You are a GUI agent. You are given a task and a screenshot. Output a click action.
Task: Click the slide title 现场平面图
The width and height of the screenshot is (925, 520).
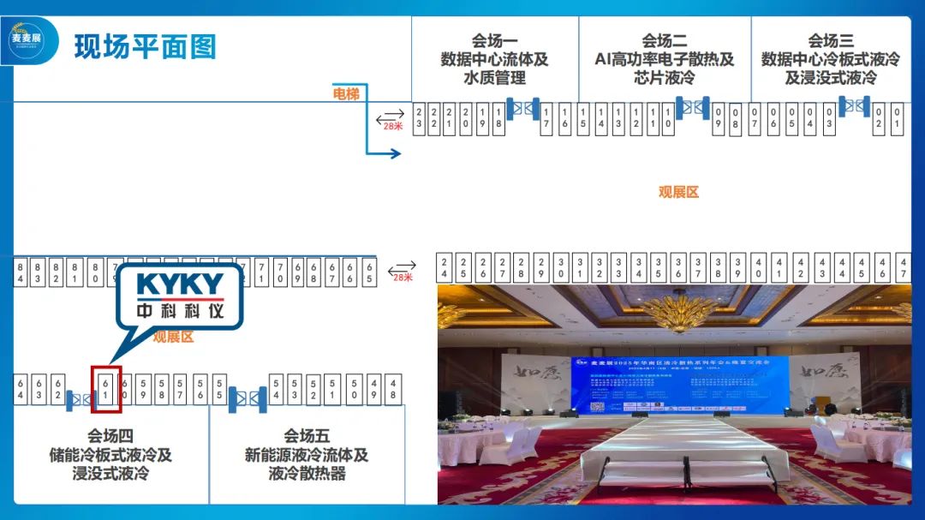pos(145,46)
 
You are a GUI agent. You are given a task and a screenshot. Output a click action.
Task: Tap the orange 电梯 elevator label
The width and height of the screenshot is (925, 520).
pos(346,93)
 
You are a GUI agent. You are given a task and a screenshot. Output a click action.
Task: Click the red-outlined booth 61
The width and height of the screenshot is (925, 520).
pos(106,389)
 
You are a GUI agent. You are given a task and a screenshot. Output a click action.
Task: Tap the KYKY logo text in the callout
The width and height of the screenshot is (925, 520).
pos(180,284)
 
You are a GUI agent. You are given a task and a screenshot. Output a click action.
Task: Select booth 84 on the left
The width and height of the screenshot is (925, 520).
pos(21,272)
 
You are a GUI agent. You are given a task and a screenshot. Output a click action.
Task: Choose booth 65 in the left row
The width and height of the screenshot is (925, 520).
pos(369,272)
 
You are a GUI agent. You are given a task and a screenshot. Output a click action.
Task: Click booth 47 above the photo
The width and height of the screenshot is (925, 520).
pos(904,267)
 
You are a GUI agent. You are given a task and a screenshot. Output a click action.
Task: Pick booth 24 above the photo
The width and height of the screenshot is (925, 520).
pos(445,267)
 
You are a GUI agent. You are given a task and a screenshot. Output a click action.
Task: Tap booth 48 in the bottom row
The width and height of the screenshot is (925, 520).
pos(393,389)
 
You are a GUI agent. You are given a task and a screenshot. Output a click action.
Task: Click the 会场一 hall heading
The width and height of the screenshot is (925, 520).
pos(494,40)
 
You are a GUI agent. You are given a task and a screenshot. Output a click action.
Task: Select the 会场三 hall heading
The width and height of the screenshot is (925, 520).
pos(830,40)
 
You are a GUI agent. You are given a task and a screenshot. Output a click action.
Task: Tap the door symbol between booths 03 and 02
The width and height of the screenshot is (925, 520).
pos(854,106)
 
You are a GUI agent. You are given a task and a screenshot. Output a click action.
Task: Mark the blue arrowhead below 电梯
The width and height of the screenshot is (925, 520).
pos(395,153)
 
